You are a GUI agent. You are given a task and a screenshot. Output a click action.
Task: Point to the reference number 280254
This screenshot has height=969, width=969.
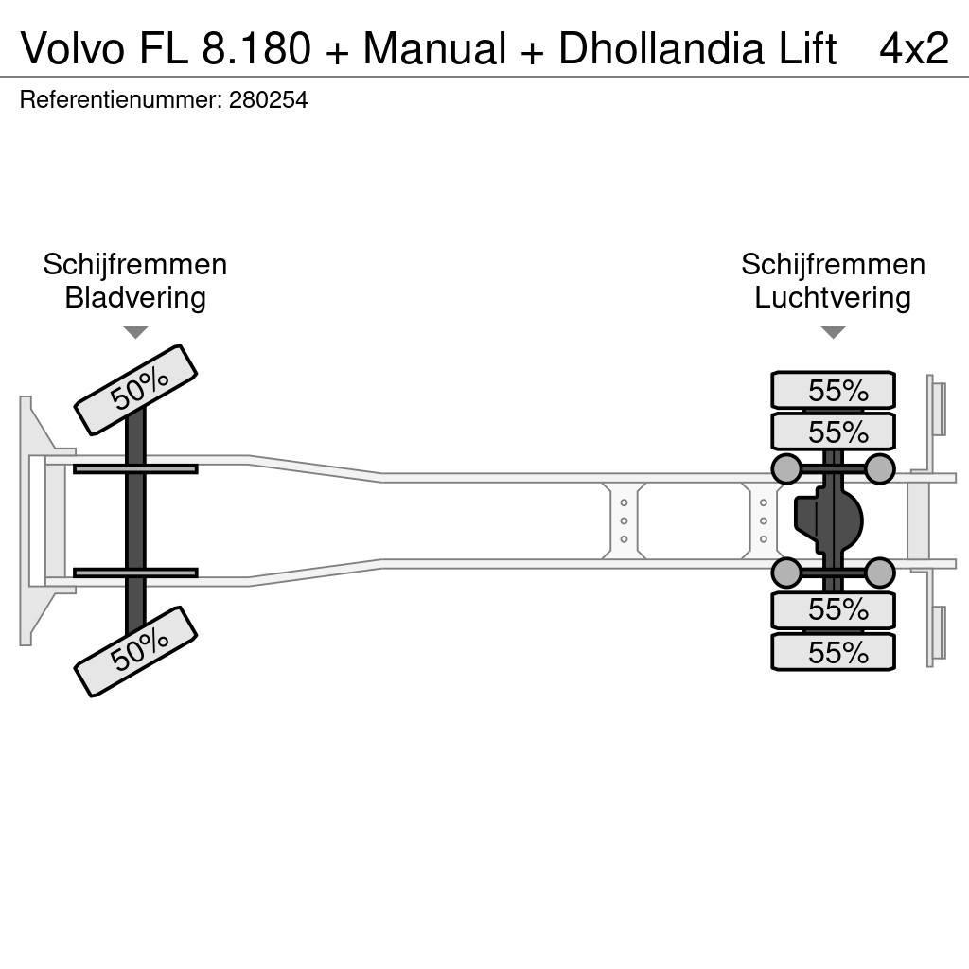tap(268, 100)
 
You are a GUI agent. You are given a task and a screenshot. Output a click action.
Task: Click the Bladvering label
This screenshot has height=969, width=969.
tap(134, 298)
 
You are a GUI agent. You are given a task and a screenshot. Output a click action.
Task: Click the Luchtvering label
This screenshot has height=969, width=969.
tap(832, 298)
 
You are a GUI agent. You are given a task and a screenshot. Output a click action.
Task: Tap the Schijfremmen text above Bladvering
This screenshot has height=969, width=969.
tap(134, 265)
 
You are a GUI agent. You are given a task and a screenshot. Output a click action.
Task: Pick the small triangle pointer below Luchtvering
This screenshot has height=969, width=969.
tap(833, 332)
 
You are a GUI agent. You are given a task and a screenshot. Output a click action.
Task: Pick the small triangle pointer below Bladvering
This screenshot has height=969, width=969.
tap(135, 332)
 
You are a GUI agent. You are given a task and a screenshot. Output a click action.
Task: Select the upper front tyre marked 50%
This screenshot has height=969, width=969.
tap(135, 390)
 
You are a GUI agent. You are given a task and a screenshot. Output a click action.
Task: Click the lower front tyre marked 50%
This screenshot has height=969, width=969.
tap(135, 651)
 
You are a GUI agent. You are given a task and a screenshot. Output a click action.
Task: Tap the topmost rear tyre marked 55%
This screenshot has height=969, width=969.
tap(833, 390)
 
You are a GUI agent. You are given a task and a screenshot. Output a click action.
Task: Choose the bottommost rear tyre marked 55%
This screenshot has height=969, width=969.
tap(833, 652)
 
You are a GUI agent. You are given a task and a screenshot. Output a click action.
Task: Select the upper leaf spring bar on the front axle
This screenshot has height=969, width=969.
tap(135, 468)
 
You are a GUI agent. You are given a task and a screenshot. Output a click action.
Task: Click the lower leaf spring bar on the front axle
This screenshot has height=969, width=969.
tap(135, 573)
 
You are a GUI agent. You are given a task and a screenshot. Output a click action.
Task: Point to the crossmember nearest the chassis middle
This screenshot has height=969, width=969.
tap(624, 520)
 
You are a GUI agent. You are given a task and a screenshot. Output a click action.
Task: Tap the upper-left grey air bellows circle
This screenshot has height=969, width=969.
tap(786, 468)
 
